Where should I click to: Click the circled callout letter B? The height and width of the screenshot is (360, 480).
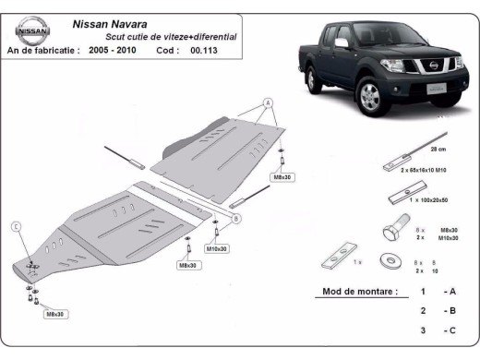point(236,218)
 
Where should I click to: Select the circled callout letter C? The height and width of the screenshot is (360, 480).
point(16,226)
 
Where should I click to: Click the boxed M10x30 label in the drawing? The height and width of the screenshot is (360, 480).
point(217,248)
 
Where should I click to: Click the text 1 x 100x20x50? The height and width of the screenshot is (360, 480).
point(417,200)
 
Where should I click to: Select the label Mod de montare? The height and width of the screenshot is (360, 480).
point(359,291)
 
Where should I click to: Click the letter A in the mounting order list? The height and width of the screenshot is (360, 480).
point(451,291)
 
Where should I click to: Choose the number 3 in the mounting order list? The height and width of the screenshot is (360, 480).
point(422,330)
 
